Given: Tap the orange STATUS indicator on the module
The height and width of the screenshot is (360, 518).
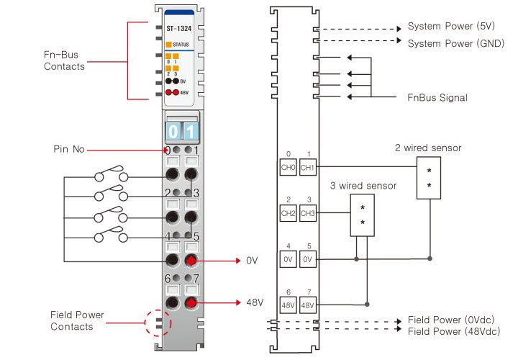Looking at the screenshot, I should [x=169, y=44].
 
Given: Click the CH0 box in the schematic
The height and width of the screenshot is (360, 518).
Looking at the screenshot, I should [x=288, y=167].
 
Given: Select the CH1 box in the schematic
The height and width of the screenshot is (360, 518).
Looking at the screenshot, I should [x=308, y=167].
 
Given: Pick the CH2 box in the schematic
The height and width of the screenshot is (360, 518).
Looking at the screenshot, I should [x=288, y=213].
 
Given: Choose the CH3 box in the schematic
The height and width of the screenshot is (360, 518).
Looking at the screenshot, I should [x=308, y=213].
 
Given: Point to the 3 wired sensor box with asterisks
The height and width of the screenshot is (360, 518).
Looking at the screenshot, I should [x=362, y=214].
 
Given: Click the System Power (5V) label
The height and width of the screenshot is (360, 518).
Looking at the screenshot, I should [x=451, y=27].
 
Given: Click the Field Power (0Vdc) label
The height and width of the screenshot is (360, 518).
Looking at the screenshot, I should [x=451, y=319].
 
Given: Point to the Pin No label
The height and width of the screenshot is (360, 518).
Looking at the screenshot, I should [x=69, y=150].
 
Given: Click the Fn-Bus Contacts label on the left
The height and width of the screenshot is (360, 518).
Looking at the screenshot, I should [x=64, y=60].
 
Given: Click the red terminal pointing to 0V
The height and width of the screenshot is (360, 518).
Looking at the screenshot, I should [x=191, y=261].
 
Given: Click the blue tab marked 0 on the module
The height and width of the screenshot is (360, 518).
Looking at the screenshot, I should [x=173, y=132].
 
